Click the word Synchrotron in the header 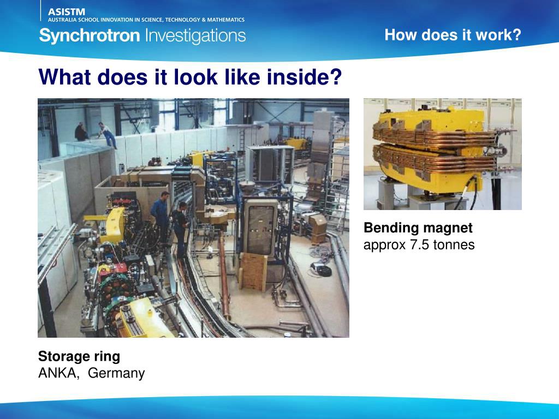pyautogui.click(x=90, y=36)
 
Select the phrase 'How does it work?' pyautogui.click(x=453, y=35)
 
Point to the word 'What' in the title pyautogui.click(x=64, y=77)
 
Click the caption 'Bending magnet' pyautogui.click(x=418, y=228)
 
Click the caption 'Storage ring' pyautogui.click(x=79, y=356)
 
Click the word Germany pyautogui.click(x=116, y=373)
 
